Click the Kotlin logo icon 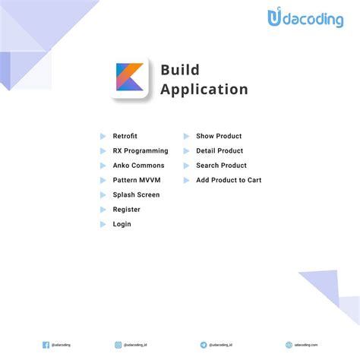131,77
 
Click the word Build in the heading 180,70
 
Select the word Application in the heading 204,90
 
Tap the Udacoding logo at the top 305,19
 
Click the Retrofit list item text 125,136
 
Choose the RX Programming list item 141,151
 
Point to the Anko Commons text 138,166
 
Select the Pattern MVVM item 136,180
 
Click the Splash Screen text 136,194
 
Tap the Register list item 126,210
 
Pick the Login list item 122,224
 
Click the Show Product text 219,136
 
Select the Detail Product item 219,151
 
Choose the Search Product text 221,166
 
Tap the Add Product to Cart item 229,180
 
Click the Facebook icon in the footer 46,344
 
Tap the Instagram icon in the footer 118,344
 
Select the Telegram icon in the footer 204,344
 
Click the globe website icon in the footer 289,344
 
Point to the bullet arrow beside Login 103,224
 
